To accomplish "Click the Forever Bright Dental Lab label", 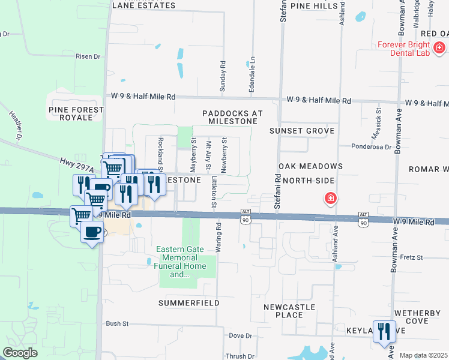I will pos(403,49).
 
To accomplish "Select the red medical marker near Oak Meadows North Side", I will pos(330,198).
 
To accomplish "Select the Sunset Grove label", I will pos(302,130).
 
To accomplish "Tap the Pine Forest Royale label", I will pos(76,113).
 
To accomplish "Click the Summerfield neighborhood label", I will pos(188,303).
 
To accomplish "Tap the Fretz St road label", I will pos(411,257).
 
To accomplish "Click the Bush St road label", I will pos(117,323).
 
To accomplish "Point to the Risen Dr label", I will pos(88,56).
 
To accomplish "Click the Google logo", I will pos(20,353).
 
